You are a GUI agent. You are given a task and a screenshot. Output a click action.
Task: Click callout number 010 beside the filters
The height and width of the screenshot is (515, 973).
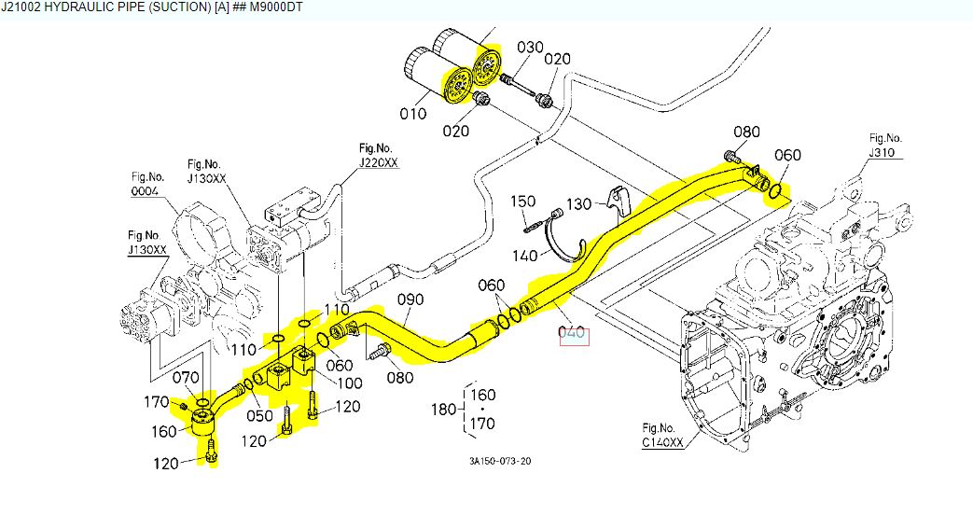coord(413,114)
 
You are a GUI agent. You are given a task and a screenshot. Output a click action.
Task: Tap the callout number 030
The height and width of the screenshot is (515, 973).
coord(530,47)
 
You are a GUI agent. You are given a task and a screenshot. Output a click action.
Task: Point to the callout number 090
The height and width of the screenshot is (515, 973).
coord(410,299)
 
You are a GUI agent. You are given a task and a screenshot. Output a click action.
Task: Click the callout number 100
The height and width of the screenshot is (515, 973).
coord(350,383)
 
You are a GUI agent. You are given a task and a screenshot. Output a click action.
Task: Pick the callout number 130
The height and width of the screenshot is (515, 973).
coord(579,202)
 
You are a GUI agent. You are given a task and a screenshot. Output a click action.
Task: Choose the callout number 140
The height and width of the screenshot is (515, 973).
coord(523,255)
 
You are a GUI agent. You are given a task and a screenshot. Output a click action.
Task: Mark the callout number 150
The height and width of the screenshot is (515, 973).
coord(522,201)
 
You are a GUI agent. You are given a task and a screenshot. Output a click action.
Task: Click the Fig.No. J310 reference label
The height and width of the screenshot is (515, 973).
coord(885,146)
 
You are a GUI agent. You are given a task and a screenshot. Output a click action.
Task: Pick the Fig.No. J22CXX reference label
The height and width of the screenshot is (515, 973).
coord(378,156)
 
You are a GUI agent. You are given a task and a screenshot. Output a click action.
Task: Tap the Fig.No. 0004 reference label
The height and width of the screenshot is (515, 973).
coord(146,185)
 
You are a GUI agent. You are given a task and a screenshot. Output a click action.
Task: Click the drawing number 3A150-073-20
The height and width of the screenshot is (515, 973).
coord(501,461)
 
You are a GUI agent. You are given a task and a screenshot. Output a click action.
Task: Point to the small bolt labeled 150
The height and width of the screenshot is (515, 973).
coord(534,222)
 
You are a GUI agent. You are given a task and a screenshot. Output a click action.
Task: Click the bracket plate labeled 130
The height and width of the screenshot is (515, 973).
coord(615,200)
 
